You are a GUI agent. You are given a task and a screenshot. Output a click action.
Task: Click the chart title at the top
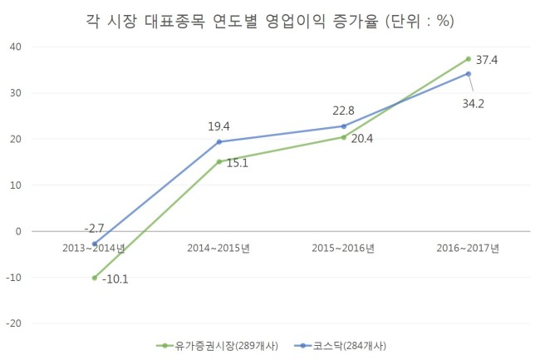[270, 21]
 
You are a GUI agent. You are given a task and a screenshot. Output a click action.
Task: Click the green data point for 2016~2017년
[469, 59]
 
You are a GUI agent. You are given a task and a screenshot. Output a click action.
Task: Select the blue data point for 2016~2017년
[469, 74]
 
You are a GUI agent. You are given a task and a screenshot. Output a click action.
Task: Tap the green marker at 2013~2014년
[95, 278]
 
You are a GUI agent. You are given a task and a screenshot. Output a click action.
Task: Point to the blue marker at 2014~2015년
[219, 142]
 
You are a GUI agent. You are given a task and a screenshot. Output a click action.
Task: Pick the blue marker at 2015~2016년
[344, 126]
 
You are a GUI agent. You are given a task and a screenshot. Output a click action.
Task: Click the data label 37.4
[487, 60]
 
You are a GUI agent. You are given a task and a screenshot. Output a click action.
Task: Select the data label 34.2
[474, 103]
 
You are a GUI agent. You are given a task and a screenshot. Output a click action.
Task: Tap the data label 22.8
[343, 111]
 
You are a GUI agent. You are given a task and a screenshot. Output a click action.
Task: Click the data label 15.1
[238, 163]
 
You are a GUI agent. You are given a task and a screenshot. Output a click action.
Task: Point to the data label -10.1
[115, 279]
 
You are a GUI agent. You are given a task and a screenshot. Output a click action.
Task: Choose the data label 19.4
[218, 126]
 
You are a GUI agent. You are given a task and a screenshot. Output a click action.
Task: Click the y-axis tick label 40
[16, 47]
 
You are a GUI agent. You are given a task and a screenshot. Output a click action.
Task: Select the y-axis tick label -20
[14, 323]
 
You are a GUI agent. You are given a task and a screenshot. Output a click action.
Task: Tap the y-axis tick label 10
[16, 185]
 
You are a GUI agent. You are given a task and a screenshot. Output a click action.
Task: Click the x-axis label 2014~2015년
[218, 248]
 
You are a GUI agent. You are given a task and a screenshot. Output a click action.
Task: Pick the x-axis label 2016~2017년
[468, 248]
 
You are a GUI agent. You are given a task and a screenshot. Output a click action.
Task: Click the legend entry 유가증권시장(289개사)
[218, 346]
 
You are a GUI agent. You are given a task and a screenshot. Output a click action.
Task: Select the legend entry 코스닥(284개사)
[341, 346]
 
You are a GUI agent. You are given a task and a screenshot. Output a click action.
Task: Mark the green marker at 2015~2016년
[344, 137]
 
